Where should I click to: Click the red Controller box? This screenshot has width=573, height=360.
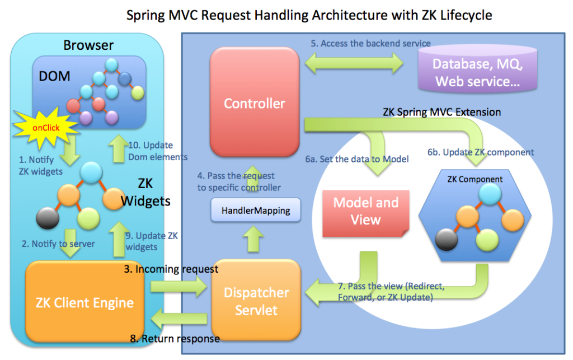255,104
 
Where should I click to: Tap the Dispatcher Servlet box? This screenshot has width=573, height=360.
256,301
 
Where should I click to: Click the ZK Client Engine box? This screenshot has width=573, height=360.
84,303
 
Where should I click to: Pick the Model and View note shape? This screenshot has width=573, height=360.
365,211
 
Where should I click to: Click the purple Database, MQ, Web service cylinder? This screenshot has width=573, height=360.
477,72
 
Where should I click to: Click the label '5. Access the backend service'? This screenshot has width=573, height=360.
371,43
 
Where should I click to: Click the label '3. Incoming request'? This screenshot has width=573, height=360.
171,269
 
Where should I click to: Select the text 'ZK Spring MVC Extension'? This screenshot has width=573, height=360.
442,112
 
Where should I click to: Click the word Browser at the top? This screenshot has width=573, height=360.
88,45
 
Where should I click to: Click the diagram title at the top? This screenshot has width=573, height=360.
309,15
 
